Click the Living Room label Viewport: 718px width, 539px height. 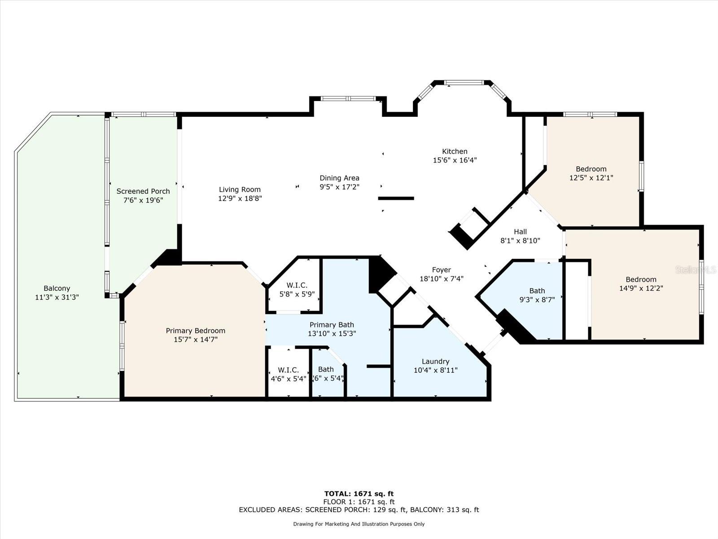[x=240, y=190]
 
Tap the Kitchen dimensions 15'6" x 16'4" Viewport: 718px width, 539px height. [x=455, y=160]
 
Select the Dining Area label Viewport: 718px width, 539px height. [x=340, y=178]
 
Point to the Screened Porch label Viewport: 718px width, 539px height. [x=143, y=191]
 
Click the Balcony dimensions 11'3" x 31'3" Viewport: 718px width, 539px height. [x=57, y=297]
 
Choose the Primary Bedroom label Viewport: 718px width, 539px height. [x=196, y=331]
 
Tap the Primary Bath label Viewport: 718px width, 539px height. [x=332, y=325]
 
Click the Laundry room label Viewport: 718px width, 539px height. [x=435, y=361]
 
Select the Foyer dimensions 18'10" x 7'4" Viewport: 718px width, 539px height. [x=442, y=278]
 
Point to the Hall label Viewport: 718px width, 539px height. [x=520, y=232]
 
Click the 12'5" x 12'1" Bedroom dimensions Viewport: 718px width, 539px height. [x=591, y=178]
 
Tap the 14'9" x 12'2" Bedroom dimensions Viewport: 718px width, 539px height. [x=641, y=288]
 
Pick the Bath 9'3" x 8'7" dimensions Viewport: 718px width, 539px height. [x=537, y=300]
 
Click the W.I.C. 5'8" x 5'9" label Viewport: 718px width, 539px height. [x=297, y=285]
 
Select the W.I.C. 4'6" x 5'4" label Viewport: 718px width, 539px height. [x=288, y=370]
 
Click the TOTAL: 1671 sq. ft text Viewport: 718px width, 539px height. [x=359, y=494]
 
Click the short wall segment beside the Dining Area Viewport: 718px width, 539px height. [x=396, y=199]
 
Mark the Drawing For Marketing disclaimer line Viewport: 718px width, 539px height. [x=359, y=524]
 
